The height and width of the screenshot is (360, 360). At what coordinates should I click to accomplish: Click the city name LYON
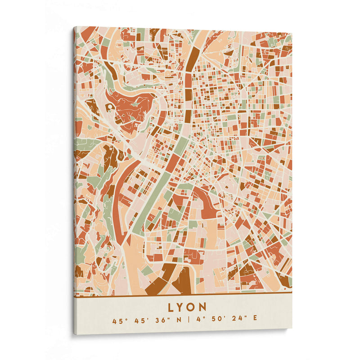tap(188, 307)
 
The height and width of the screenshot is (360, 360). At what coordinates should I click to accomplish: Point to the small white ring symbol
tap(109, 106)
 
